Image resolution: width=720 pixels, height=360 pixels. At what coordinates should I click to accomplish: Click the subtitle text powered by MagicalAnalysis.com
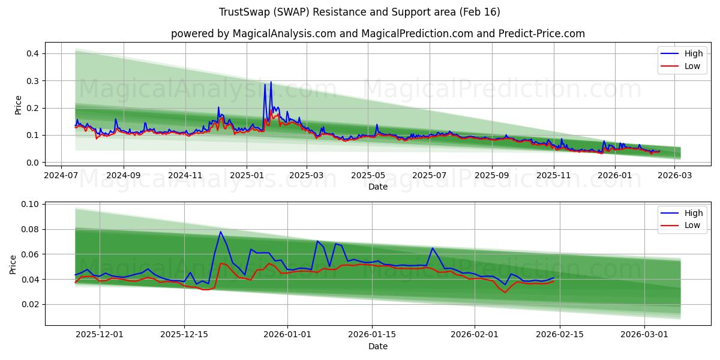tap(377, 34)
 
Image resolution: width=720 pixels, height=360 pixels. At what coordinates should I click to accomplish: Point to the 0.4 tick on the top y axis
tap(33, 53)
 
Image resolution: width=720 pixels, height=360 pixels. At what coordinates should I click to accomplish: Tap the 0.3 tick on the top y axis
tap(33, 81)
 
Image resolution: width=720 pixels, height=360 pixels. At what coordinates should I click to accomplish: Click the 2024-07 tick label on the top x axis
tap(61, 175)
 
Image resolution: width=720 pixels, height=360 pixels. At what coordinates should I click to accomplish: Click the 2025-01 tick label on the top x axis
tap(247, 175)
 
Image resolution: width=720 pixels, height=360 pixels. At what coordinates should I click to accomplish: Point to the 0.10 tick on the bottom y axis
tap(31, 204)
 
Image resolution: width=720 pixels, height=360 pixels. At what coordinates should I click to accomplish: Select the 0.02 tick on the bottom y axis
tap(31, 304)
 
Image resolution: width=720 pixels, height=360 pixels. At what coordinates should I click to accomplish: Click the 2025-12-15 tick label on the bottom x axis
tap(184, 335)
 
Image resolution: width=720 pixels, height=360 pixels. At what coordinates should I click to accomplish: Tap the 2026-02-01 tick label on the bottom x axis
tap(475, 335)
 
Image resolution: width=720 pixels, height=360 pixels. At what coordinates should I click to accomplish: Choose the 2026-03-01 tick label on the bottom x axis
tap(644, 335)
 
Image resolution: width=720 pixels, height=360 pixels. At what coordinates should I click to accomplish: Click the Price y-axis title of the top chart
tap(18, 105)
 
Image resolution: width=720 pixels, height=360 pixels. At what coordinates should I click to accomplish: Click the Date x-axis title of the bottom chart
tap(377, 346)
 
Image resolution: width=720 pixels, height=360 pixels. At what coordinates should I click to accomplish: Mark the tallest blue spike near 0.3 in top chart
tap(271, 82)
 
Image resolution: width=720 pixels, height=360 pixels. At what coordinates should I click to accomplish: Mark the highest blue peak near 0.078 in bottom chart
tap(220, 232)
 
